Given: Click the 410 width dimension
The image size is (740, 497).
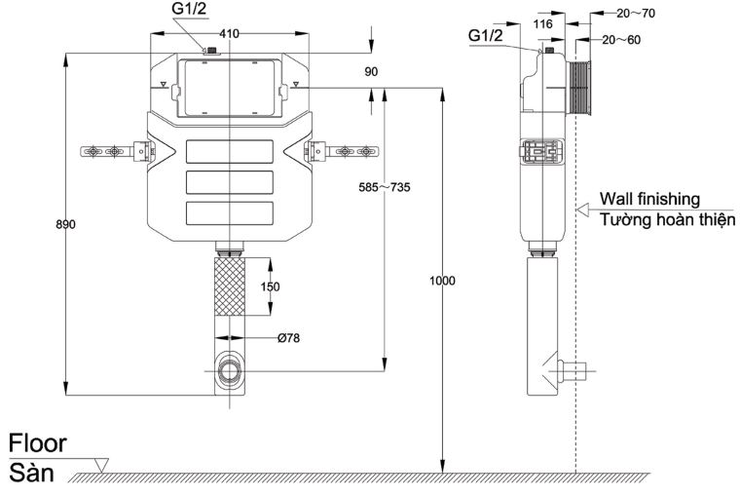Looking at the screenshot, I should tap(230, 33).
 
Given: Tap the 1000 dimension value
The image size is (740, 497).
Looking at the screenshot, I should tap(442, 281).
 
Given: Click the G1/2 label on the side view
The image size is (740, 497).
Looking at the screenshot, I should tap(486, 36).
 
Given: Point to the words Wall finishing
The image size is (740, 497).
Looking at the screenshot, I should tap(649, 199).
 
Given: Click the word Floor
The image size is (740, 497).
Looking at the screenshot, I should tap(38, 443).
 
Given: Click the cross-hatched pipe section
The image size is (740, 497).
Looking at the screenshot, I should tap(230, 287).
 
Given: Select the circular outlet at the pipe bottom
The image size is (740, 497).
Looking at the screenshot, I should tap(230, 370).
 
